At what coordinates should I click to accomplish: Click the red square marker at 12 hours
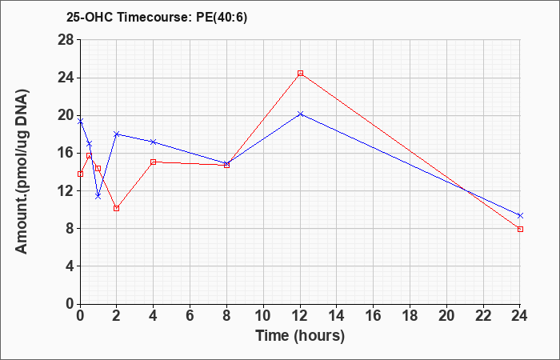[300, 74]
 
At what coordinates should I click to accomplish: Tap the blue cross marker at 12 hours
[300, 114]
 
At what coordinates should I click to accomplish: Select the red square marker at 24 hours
[520, 230]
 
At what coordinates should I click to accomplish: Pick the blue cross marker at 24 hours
[520, 215]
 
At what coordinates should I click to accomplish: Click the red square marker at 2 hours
[117, 208]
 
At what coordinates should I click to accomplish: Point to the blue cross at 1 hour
[98, 197]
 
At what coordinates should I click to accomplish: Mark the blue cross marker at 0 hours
[80, 122]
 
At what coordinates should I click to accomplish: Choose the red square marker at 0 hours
[80, 174]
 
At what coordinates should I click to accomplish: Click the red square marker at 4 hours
[154, 162]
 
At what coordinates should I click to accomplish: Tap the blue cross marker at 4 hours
[154, 142]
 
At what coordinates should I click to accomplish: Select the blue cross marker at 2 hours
[117, 134]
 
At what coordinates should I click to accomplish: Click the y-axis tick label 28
[66, 40]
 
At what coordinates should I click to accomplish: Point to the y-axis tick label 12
[66, 190]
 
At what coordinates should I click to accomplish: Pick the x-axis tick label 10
[263, 316]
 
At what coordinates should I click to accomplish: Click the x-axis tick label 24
[519, 316]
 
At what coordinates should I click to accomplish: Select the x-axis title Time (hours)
[300, 336]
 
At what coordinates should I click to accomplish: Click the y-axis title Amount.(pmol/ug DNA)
[22, 172]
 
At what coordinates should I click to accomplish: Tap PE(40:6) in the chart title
[222, 18]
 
